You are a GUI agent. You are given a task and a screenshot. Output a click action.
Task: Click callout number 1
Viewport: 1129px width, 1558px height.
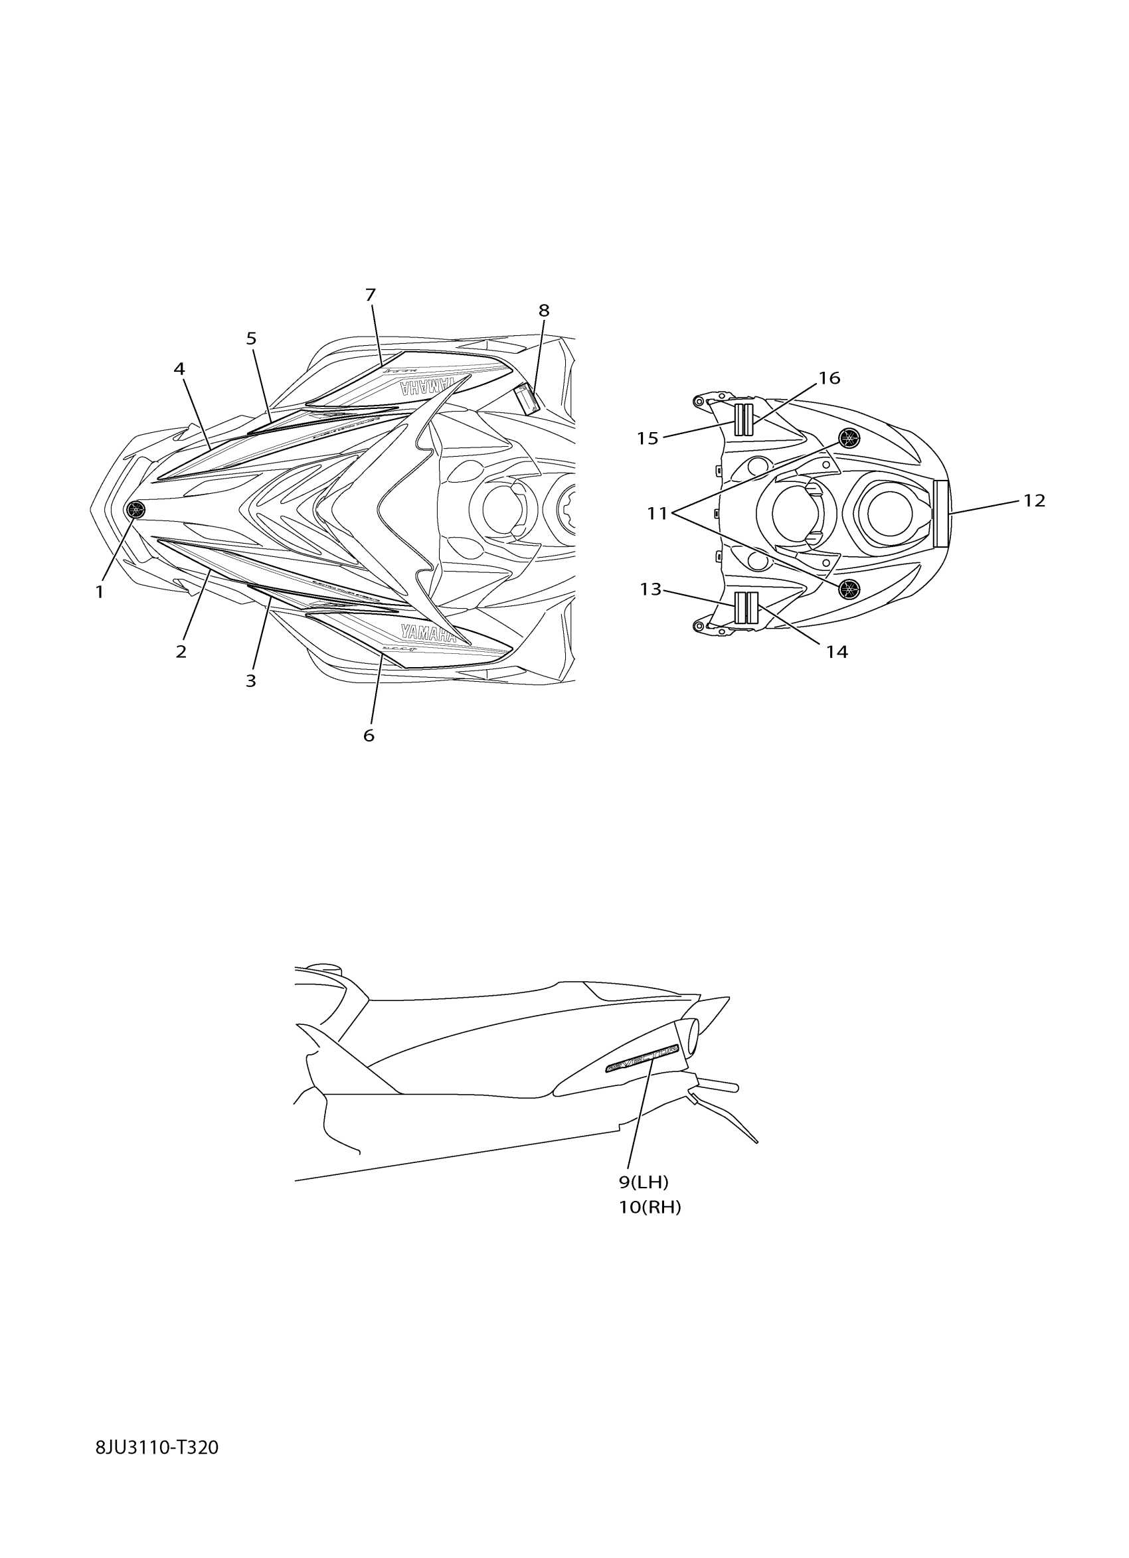click(x=100, y=591)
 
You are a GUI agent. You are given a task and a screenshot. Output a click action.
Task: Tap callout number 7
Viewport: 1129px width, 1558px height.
click(x=371, y=295)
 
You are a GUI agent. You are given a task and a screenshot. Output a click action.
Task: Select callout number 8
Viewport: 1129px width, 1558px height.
click(x=543, y=311)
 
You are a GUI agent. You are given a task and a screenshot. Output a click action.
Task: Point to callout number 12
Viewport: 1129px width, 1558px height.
click(x=1034, y=501)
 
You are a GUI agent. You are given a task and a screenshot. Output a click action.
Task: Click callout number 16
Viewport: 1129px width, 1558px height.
click(x=829, y=378)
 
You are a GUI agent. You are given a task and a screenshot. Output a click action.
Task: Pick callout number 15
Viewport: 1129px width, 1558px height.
click(x=648, y=438)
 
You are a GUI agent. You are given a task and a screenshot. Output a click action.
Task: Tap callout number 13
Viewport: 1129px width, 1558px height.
click(x=650, y=589)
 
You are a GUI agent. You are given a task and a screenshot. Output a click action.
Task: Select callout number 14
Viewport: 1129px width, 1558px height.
click(x=836, y=651)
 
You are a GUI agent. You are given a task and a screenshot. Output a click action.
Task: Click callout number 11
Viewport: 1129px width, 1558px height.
click(x=657, y=512)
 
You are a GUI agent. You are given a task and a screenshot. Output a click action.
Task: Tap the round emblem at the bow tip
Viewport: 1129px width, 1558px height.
click(x=136, y=509)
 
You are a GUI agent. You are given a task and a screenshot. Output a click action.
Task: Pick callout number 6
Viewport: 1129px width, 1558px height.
click(x=369, y=736)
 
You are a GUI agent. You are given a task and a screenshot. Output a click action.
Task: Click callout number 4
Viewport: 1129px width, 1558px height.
click(x=179, y=370)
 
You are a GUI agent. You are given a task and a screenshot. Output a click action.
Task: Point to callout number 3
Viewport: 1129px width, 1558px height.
click(x=251, y=681)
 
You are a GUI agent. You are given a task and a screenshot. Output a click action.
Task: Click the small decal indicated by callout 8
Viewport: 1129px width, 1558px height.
click(x=527, y=400)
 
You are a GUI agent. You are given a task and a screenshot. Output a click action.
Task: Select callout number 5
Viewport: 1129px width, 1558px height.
click(x=252, y=339)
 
